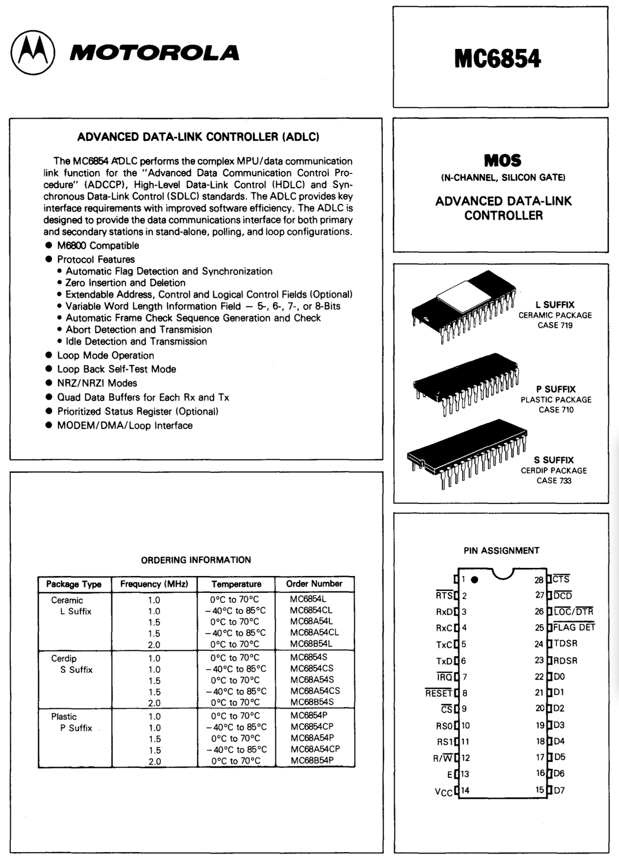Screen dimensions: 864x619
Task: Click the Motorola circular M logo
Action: [33, 53]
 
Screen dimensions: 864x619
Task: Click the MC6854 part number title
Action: [498, 59]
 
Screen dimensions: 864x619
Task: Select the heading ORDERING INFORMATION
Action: [196, 560]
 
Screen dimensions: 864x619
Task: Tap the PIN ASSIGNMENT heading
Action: [501, 551]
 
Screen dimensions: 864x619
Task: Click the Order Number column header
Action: [314, 584]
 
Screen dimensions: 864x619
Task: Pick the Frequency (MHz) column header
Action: [154, 584]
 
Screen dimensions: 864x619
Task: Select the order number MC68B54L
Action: [311, 643]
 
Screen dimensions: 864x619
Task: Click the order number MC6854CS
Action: [312, 668]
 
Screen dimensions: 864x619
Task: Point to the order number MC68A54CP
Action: [315, 749]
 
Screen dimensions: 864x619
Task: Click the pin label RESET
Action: [439, 693]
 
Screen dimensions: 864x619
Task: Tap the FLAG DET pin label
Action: [574, 628]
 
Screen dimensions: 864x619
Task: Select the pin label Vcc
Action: [443, 792]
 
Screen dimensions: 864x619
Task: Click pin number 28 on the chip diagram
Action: [538, 580]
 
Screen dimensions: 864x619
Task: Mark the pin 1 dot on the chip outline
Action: [475, 580]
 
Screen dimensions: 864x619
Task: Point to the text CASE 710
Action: [556, 410]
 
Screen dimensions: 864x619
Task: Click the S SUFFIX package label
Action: [554, 460]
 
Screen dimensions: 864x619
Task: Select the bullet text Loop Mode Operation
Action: [105, 355]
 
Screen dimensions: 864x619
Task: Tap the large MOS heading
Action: [503, 161]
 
